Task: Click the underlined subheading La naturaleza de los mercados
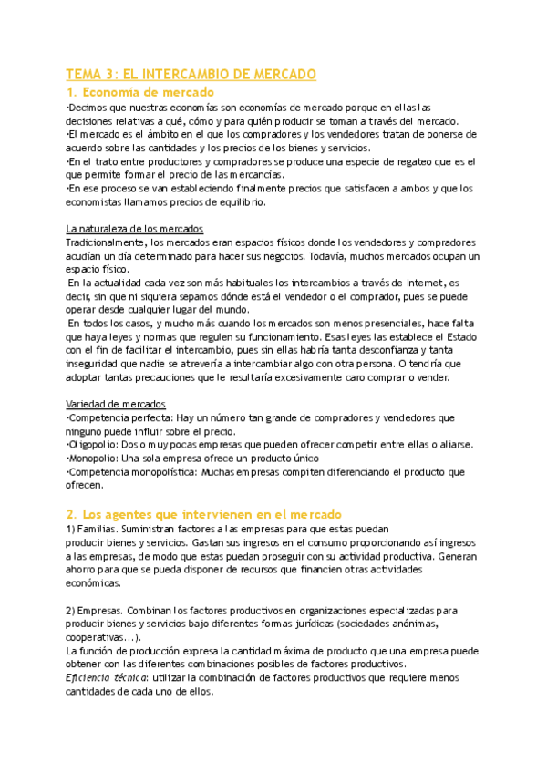(x=135, y=228)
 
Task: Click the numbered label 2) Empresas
(x=102, y=609)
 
